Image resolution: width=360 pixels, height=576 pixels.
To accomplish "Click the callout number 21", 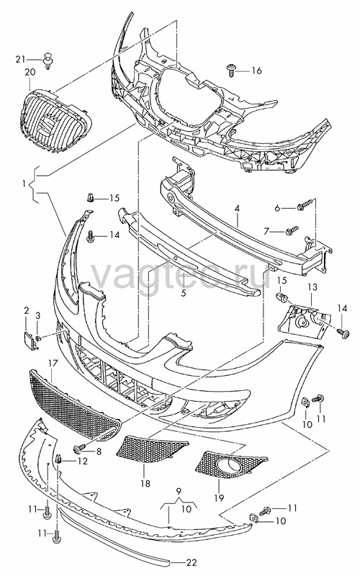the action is pyautogui.click(x=21, y=59).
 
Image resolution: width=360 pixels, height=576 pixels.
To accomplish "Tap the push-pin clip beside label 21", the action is pyautogui.click(x=48, y=60).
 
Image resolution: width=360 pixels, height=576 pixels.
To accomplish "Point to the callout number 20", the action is pyautogui.click(x=30, y=71).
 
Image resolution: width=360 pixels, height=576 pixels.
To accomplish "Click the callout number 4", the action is pyautogui.click(x=238, y=209).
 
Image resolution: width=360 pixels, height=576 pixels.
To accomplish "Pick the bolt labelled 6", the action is pyautogui.click(x=305, y=204).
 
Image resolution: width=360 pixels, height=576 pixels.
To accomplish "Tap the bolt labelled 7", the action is pyautogui.click(x=292, y=230).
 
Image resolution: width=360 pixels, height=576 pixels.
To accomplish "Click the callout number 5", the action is pyautogui.click(x=184, y=293).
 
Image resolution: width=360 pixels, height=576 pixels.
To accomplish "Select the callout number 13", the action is pyautogui.click(x=312, y=287).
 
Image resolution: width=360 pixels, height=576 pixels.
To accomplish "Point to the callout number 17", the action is pyautogui.click(x=53, y=364).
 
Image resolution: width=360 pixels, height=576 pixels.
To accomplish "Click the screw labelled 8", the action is pyautogui.click(x=79, y=447).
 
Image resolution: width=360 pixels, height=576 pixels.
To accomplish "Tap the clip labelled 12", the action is pyautogui.click(x=59, y=459).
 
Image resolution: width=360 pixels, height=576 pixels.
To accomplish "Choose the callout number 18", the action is pyautogui.click(x=145, y=483).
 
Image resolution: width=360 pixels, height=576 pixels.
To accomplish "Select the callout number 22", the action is pyautogui.click(x=192, y=562).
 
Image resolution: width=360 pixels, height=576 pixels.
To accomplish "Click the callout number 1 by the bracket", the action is pyautogui.click(x=24, y=184).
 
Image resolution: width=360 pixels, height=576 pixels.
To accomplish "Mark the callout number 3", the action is pyautogui.click(x=38, y=315).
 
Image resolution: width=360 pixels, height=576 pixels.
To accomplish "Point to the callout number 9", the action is pyautogui.click(x=179, y=490).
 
